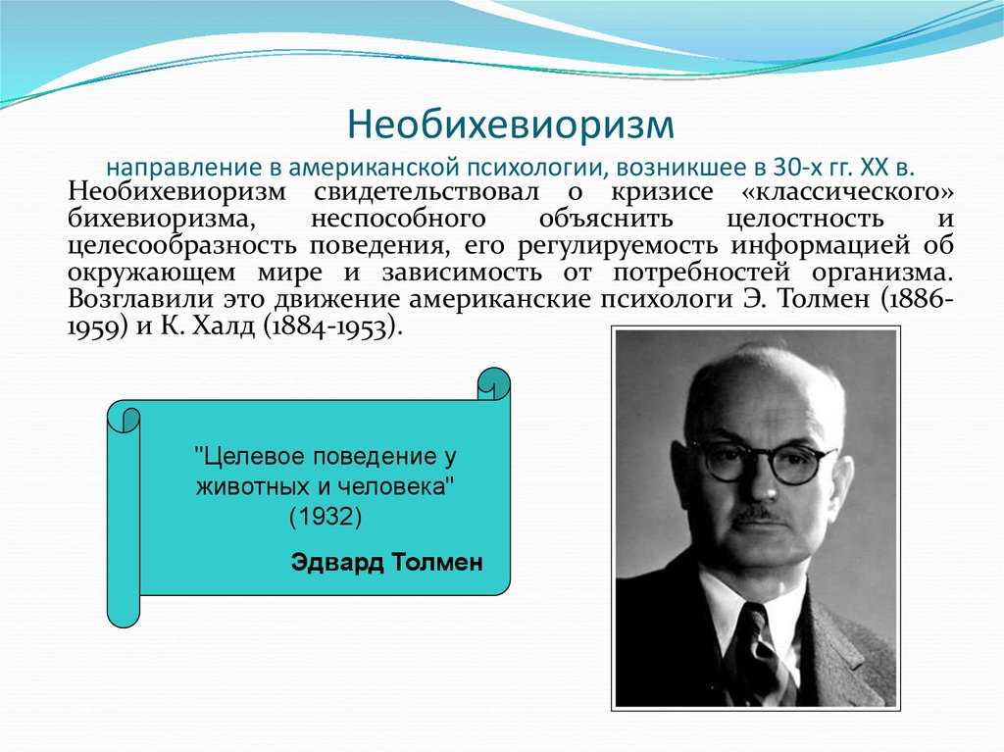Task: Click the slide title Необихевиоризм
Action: click(x=511, y=125)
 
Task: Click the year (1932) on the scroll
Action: click(x=326, y=517)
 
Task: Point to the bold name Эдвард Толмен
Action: click(x=386, y=563)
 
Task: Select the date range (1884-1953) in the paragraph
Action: click(x=332, y=327)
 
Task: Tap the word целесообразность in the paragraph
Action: click(x=181, y=246)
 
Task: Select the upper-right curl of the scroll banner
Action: click(x=494, y=384)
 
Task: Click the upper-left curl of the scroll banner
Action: click(x=124, y=419)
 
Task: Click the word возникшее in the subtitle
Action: click(x=683, y=168)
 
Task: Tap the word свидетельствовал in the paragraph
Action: click(x=427, y=192)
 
